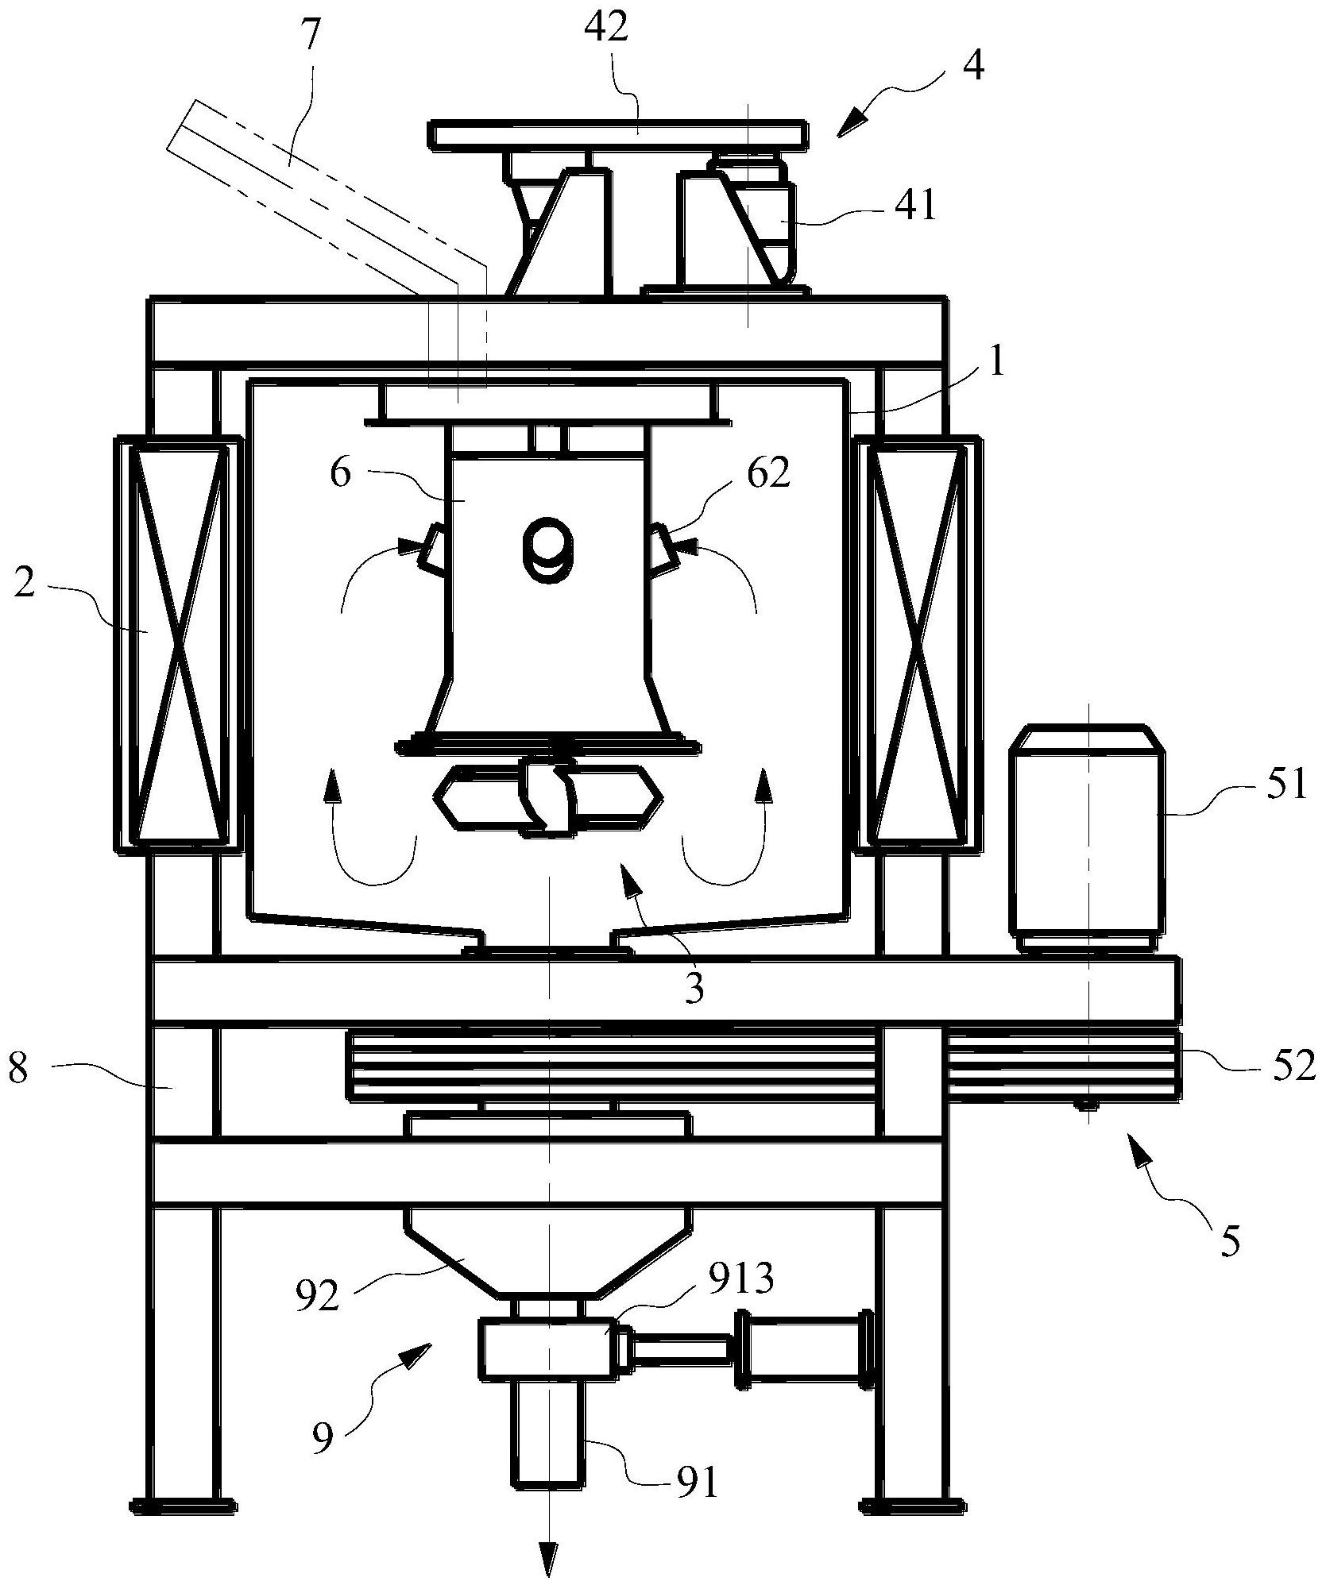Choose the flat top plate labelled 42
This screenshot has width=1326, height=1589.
(x=620, y=134)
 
